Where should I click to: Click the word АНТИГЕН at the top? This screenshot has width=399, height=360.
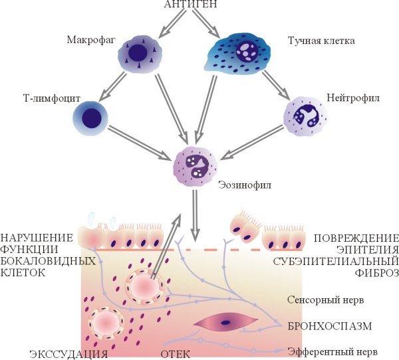click(x=198, y=6)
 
